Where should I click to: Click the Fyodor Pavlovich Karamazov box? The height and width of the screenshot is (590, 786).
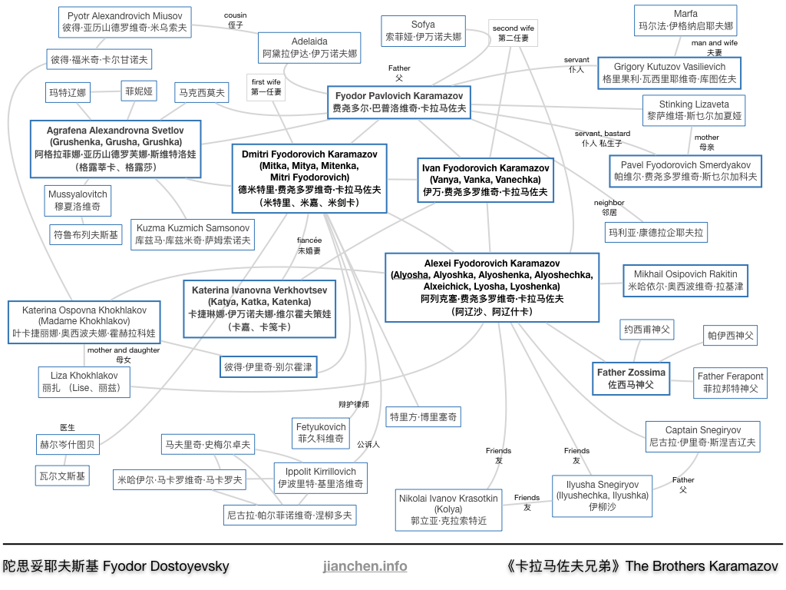tap(399, 102)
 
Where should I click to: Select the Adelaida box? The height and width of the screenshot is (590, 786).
tap(309, 48)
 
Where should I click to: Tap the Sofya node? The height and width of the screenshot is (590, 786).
tap(423, 31)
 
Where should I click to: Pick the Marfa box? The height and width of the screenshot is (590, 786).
tap(685, 20)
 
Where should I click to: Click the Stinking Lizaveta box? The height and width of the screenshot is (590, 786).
tap(694, 111)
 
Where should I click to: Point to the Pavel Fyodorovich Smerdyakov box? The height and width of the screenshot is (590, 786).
tap(685, 171)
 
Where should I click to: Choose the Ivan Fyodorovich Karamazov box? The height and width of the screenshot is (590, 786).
tap(485, 180)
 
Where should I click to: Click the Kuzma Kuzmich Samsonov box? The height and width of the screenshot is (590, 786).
tap(193, 234)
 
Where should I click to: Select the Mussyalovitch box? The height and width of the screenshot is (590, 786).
tap(78, 201)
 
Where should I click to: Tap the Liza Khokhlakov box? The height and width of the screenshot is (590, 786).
tap(84, 382)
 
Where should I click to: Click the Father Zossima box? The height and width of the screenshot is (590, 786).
tap(631, 379)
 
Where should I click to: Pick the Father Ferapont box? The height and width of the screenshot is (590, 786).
tap(731, 383)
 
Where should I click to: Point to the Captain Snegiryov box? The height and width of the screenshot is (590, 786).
tap(703, 436)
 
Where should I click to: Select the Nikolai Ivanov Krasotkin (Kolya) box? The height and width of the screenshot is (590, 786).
tap(448, 510)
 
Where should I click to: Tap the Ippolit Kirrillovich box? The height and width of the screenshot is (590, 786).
tap(320, 478)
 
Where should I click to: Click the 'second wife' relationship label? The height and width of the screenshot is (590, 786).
tap(514, 33)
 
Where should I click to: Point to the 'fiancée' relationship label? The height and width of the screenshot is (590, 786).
tap(309, 245)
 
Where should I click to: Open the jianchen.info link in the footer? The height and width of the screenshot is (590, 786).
tap(365, 566)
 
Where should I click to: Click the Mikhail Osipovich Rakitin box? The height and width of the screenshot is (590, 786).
tap(685, 280)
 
